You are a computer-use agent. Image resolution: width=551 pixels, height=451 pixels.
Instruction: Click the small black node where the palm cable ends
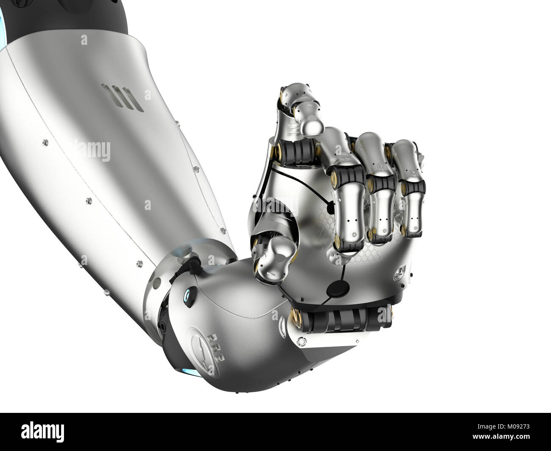click(330, 207)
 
